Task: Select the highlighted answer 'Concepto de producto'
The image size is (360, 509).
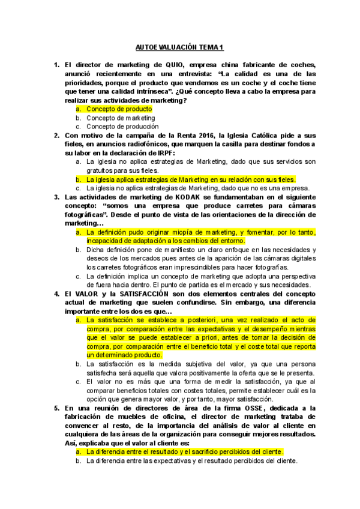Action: point(119,109)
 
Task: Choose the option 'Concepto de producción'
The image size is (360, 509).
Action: point(122,127)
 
